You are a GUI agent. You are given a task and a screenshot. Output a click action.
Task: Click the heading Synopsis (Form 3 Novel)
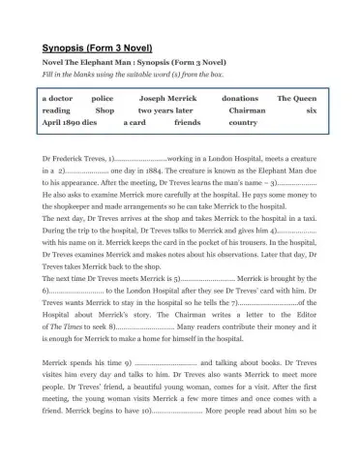pyautogui.click(x=97, y=47)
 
